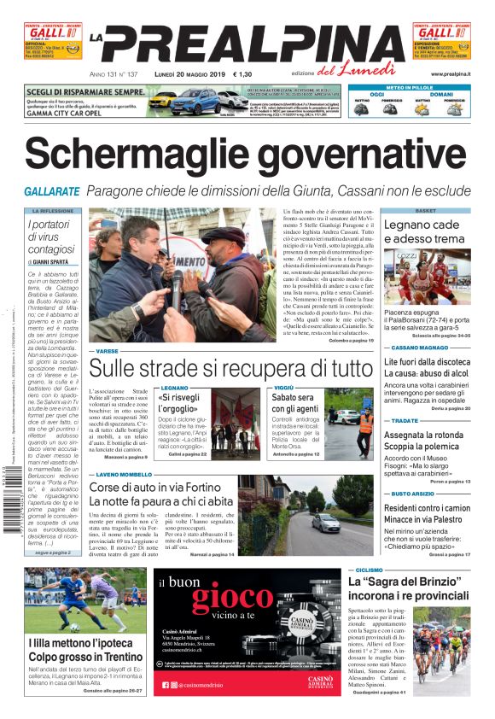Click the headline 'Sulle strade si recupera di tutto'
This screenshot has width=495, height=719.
(x=231, y=369)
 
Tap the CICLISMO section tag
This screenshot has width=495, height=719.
(x=369, y=570)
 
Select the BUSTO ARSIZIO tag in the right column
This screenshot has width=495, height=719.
(x=415, y=494)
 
